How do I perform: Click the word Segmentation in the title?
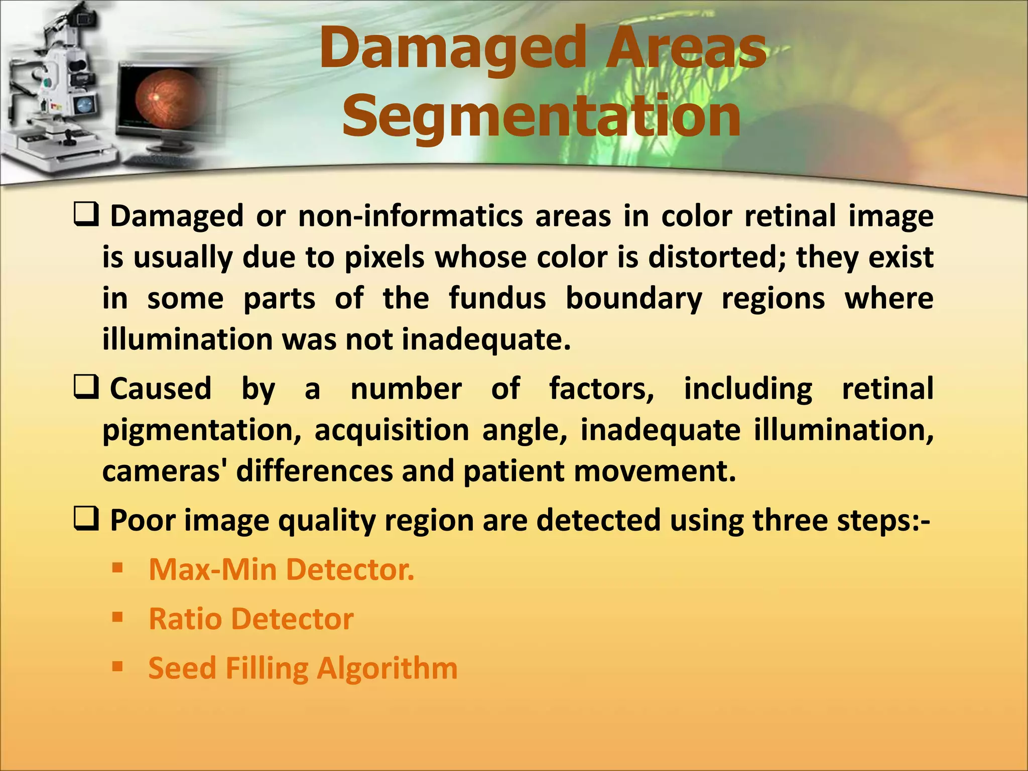541,116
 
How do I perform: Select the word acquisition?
392,431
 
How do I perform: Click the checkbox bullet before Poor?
85,520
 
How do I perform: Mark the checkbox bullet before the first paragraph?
85,216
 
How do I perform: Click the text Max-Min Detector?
281,570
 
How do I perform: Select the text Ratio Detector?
251,619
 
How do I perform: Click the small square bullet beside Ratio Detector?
118,617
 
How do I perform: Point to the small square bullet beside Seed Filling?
118,667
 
